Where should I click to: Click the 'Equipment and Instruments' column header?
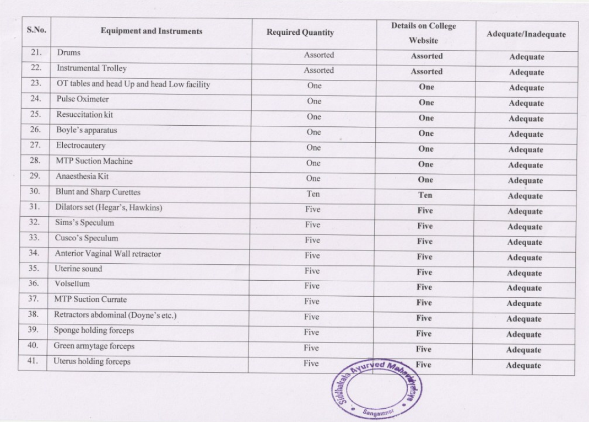(152, 32)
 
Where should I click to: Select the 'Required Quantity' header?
(300, 33)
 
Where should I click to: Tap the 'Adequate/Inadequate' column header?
(526, 34)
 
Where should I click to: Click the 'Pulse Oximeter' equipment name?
(82, 99)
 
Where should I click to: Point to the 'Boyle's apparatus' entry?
(86, 131)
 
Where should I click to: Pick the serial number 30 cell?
(35, 192)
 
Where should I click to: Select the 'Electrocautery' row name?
(80, 146)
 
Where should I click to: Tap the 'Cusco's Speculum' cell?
(86, 238)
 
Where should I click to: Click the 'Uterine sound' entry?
(78, 269)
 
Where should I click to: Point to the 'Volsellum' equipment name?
(72, 285)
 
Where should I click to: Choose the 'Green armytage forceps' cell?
(94, 346)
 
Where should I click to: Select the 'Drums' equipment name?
(69, 53)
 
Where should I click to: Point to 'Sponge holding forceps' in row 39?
(94, 331)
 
